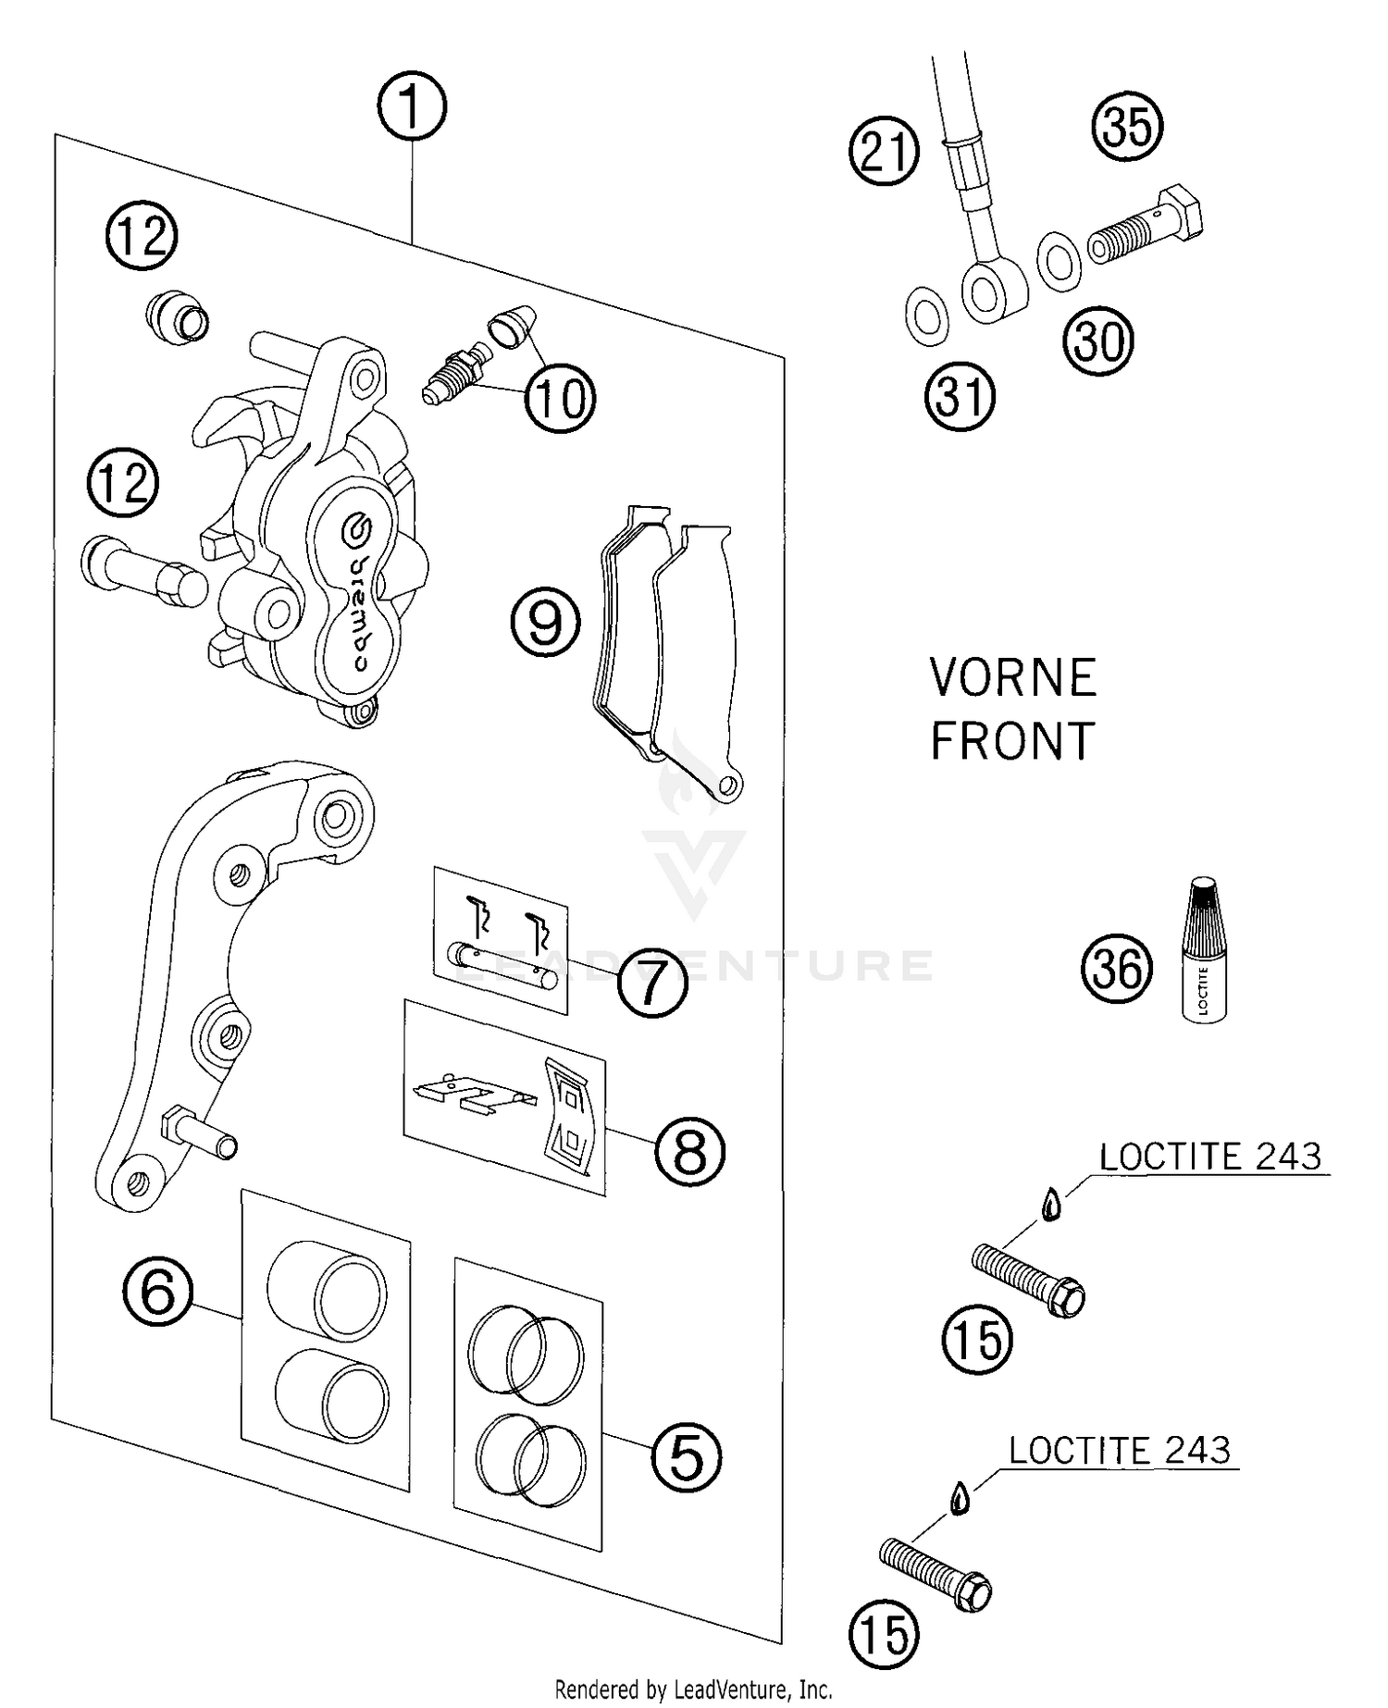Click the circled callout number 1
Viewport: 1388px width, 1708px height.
click(x=412, y=107)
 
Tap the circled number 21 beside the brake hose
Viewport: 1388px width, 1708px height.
click(x=884, y=151)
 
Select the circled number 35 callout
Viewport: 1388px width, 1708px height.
click(x=1127, y=127)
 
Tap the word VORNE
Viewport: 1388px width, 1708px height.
click(x=1013, y=678)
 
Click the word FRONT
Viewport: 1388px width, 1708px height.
click(x=1012, y=741)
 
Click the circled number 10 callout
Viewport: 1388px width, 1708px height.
click(x=560, y=399)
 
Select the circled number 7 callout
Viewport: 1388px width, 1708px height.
click(x=652, y=982)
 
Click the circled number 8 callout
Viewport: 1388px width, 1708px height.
click(x=689, y=1151)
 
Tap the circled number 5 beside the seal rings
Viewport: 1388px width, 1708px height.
click(x=686, y=1458)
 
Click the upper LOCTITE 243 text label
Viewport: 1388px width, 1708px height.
click(x=1210, y=1157)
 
